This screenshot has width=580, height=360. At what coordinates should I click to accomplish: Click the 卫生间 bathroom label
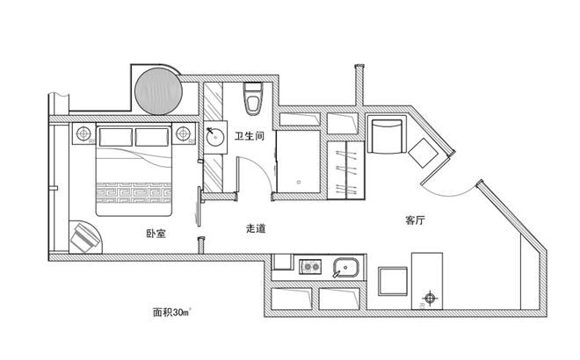pos(250,136)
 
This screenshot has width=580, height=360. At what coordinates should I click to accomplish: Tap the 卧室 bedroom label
pos(156,234)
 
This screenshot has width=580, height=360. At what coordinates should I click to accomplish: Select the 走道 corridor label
pos(256,228)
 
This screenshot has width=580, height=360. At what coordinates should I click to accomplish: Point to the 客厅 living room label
pos(415,220)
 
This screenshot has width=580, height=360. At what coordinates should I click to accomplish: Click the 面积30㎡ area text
pos(171,313)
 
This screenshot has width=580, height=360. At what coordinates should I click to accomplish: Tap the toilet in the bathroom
pos(253,98)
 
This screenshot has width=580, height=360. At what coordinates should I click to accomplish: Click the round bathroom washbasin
pos(215,137)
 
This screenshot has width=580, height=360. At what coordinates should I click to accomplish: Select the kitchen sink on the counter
pos(345,268)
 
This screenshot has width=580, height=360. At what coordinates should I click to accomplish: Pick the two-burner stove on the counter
pos(310,267)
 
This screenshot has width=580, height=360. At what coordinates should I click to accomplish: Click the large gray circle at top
pos(159,91)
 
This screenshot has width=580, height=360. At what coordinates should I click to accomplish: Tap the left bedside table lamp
pos(83,133)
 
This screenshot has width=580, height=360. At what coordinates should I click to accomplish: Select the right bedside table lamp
pos(183,133)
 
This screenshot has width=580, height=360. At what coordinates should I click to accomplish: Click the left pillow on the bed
pos(116,137)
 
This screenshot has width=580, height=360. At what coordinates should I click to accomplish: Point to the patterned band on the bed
pos(134,192)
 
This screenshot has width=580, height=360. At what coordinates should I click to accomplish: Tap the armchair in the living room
pos(385,135)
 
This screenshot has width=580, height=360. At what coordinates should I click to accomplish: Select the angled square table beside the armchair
pos(424,153)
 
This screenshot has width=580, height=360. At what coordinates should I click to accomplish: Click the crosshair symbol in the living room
pos(430,298)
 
